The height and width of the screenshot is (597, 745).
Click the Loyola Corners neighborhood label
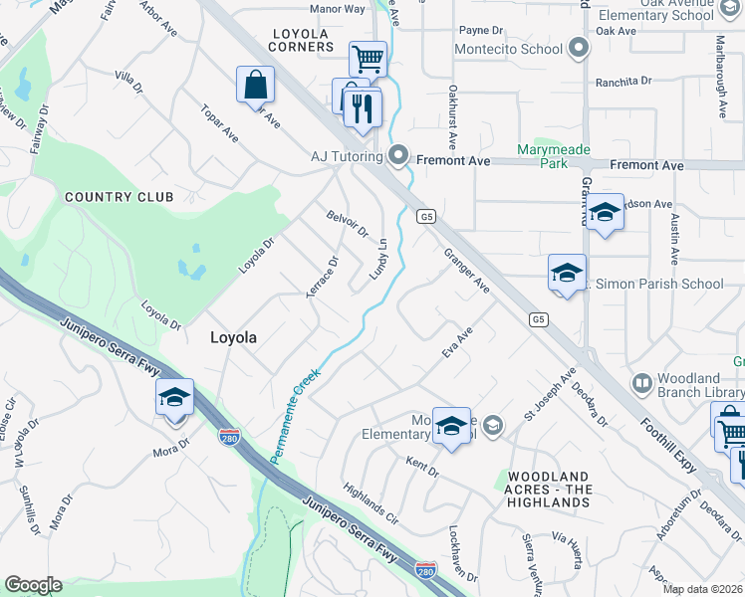coord(303,39)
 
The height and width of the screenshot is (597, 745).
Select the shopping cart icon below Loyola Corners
coord(368,58)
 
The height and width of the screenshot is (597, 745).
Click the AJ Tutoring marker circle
coord(398,155)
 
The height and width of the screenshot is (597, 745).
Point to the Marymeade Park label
coord(554,156)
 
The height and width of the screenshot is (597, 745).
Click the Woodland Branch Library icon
coord(641,382)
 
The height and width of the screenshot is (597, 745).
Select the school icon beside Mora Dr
coord(174,397)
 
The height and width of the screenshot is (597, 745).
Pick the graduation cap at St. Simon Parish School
coord(567,274)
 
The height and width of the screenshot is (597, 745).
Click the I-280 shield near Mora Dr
coord(228,434)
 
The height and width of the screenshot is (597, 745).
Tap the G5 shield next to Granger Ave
coord(427,216)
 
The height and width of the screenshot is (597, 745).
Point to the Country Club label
coord(120,197)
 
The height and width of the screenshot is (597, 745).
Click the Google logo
coord(33,585)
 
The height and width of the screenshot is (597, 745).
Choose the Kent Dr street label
coord(422,464)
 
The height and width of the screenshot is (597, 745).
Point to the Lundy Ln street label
coord(378,259)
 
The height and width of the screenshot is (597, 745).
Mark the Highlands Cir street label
coord(370,505)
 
